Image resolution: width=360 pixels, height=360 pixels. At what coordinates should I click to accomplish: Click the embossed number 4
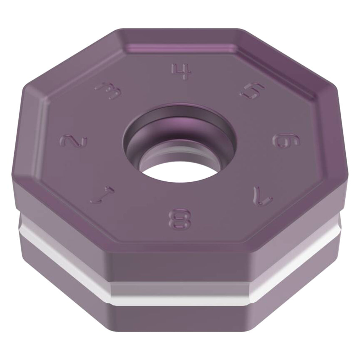181,71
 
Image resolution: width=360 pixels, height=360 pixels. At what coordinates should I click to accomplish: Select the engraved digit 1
102,194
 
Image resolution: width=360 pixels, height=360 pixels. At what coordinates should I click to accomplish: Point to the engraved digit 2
74,141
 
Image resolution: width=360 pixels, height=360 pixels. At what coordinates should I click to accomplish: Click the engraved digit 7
262,195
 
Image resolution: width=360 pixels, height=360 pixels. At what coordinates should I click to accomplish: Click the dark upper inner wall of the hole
179,114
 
